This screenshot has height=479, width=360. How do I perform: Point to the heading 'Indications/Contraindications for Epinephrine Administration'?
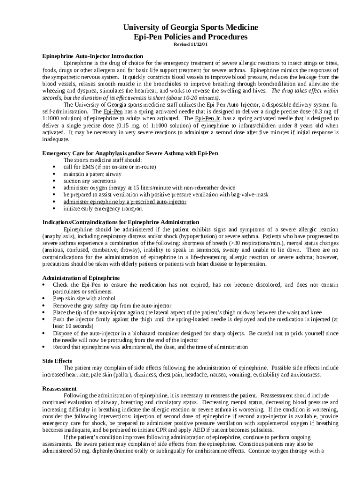[x=121, y=222]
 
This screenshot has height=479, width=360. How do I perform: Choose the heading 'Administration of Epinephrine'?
[x=81, y=278]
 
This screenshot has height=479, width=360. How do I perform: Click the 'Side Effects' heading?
[x=57, y=361]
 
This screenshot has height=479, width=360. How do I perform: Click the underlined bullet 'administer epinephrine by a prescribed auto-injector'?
[x=125, y=202]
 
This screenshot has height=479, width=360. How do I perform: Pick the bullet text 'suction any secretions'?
[x=89, y=181]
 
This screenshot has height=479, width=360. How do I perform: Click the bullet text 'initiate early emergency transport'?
[x=103, y=209]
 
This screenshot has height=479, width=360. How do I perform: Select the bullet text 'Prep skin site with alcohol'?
[x=84, y=298]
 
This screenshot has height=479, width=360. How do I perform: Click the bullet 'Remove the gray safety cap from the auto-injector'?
[x=112, y=305]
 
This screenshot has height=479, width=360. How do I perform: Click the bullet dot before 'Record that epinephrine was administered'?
[x=43, y=347]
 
